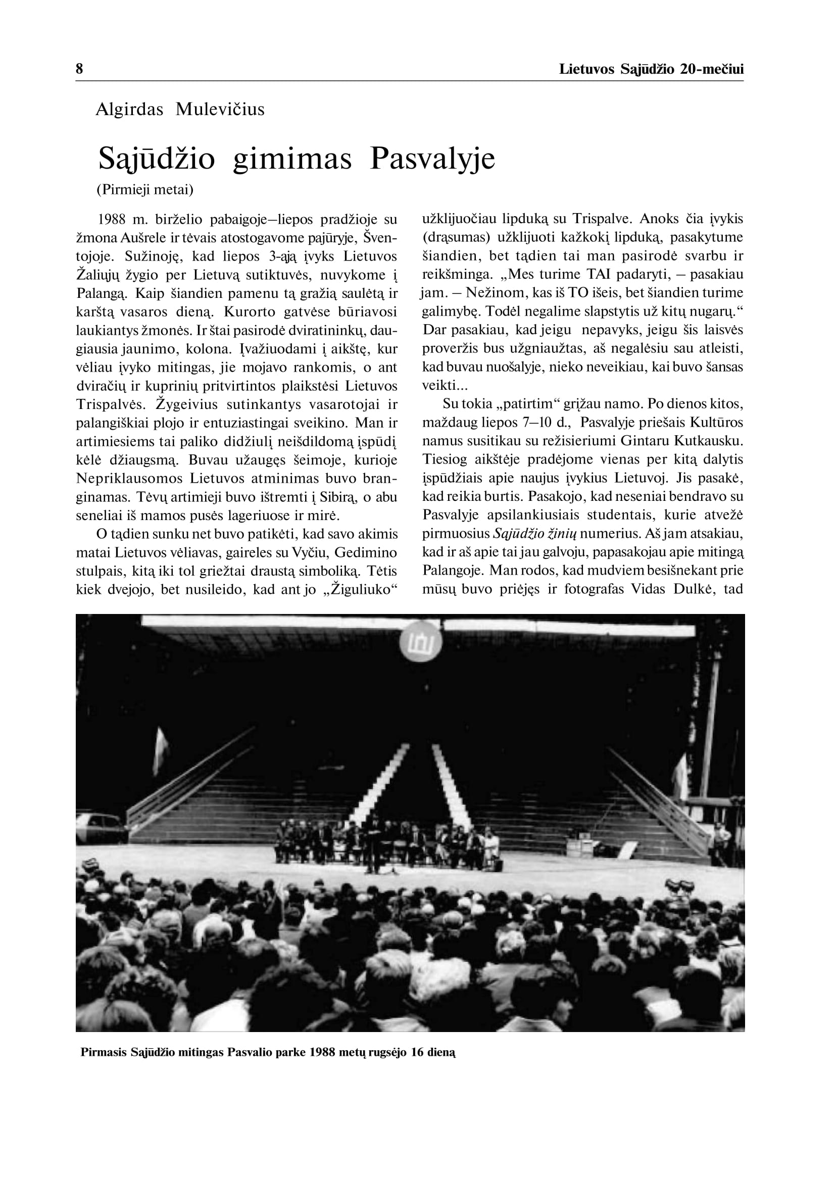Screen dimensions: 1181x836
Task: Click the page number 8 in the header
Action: pos(79,69)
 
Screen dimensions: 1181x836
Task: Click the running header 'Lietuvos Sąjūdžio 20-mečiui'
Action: pos(651,69)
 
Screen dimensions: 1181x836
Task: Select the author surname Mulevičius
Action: pos(220,110)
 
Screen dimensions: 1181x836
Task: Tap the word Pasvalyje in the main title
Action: pos(432,159)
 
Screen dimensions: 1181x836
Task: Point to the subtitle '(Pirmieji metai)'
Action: pos(144,190)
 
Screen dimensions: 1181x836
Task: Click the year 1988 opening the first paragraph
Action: pos(112,220)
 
